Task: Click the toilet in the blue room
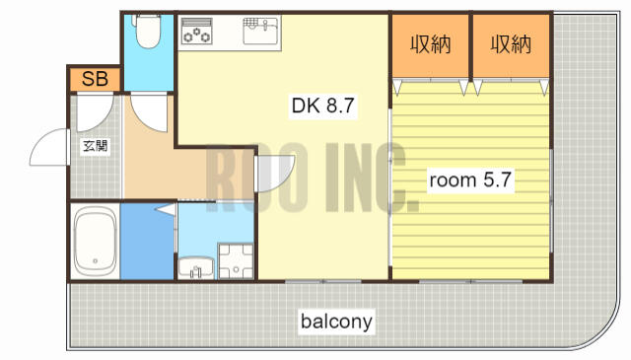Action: click(148, 31)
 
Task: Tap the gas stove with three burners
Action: click(196, 31)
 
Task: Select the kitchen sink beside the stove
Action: click(260, 31)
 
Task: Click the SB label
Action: click(95, 79)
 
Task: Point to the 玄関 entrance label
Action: click(96, 145)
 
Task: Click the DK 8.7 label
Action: click(322, 106)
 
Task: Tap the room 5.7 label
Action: click(470, 180)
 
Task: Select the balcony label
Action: click(336, 322)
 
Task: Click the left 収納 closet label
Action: click(430, 44)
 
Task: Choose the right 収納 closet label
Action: click(511, 44)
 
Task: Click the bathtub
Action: click(96, 242)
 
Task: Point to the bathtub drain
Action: click(96, 261)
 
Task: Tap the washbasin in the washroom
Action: click(196, 268)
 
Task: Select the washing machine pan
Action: click(236, 261)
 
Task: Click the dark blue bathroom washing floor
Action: click(147, 243)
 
